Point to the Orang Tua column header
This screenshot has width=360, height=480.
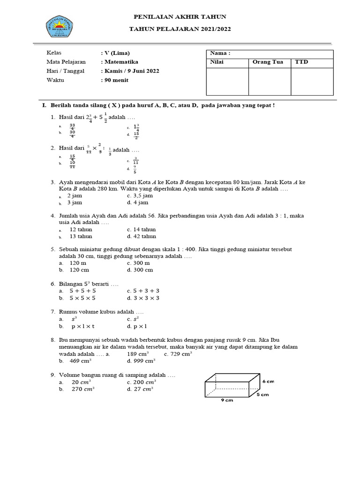268,62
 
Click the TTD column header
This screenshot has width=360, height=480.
301,62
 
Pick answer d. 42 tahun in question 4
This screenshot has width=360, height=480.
141,237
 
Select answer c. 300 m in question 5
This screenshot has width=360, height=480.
138,263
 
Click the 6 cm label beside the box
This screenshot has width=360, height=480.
268,381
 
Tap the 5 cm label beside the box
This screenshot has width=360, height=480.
262,395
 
